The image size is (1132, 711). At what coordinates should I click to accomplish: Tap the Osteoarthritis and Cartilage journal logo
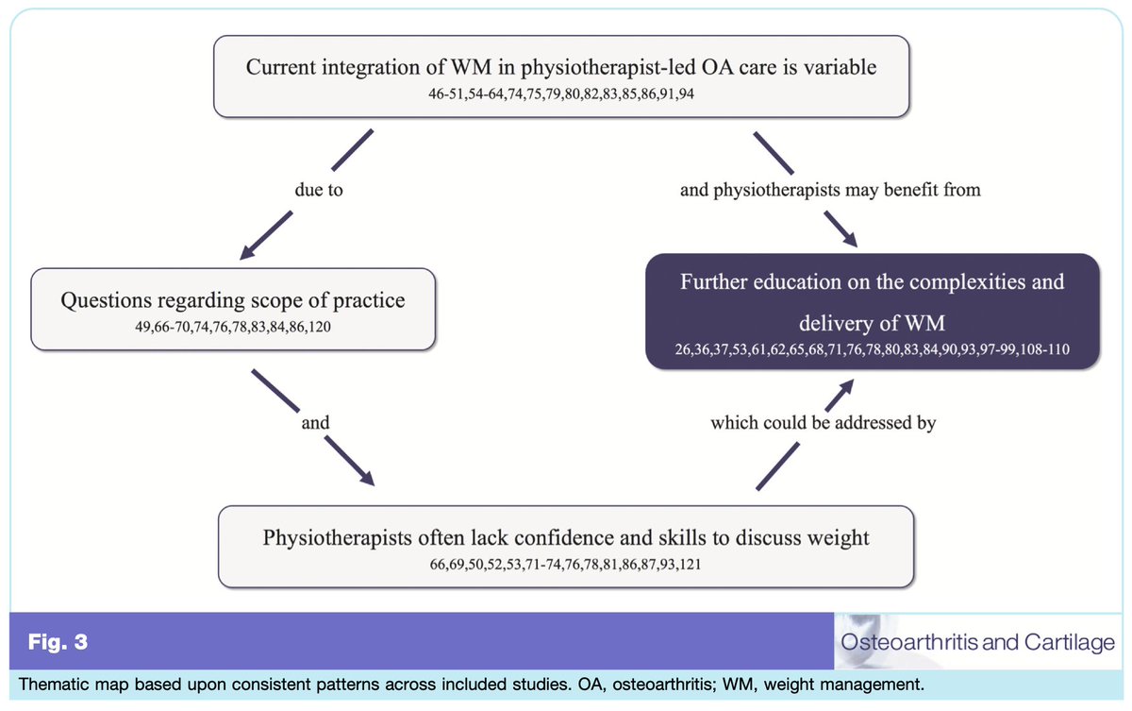pos(975,641)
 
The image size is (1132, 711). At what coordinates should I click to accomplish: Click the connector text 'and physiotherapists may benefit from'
pos(830,190)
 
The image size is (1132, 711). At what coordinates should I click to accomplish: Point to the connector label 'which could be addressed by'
pos(823,423)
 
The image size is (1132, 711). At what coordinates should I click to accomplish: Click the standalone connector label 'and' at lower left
pos(315,423)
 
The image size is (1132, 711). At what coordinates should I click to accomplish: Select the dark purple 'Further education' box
pos(872,311)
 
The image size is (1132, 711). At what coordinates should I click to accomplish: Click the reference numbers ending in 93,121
pos(565,565)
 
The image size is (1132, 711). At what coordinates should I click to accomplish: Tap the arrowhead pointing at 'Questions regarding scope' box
pos(249,250)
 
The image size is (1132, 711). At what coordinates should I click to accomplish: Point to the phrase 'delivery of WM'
pos(872,324)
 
